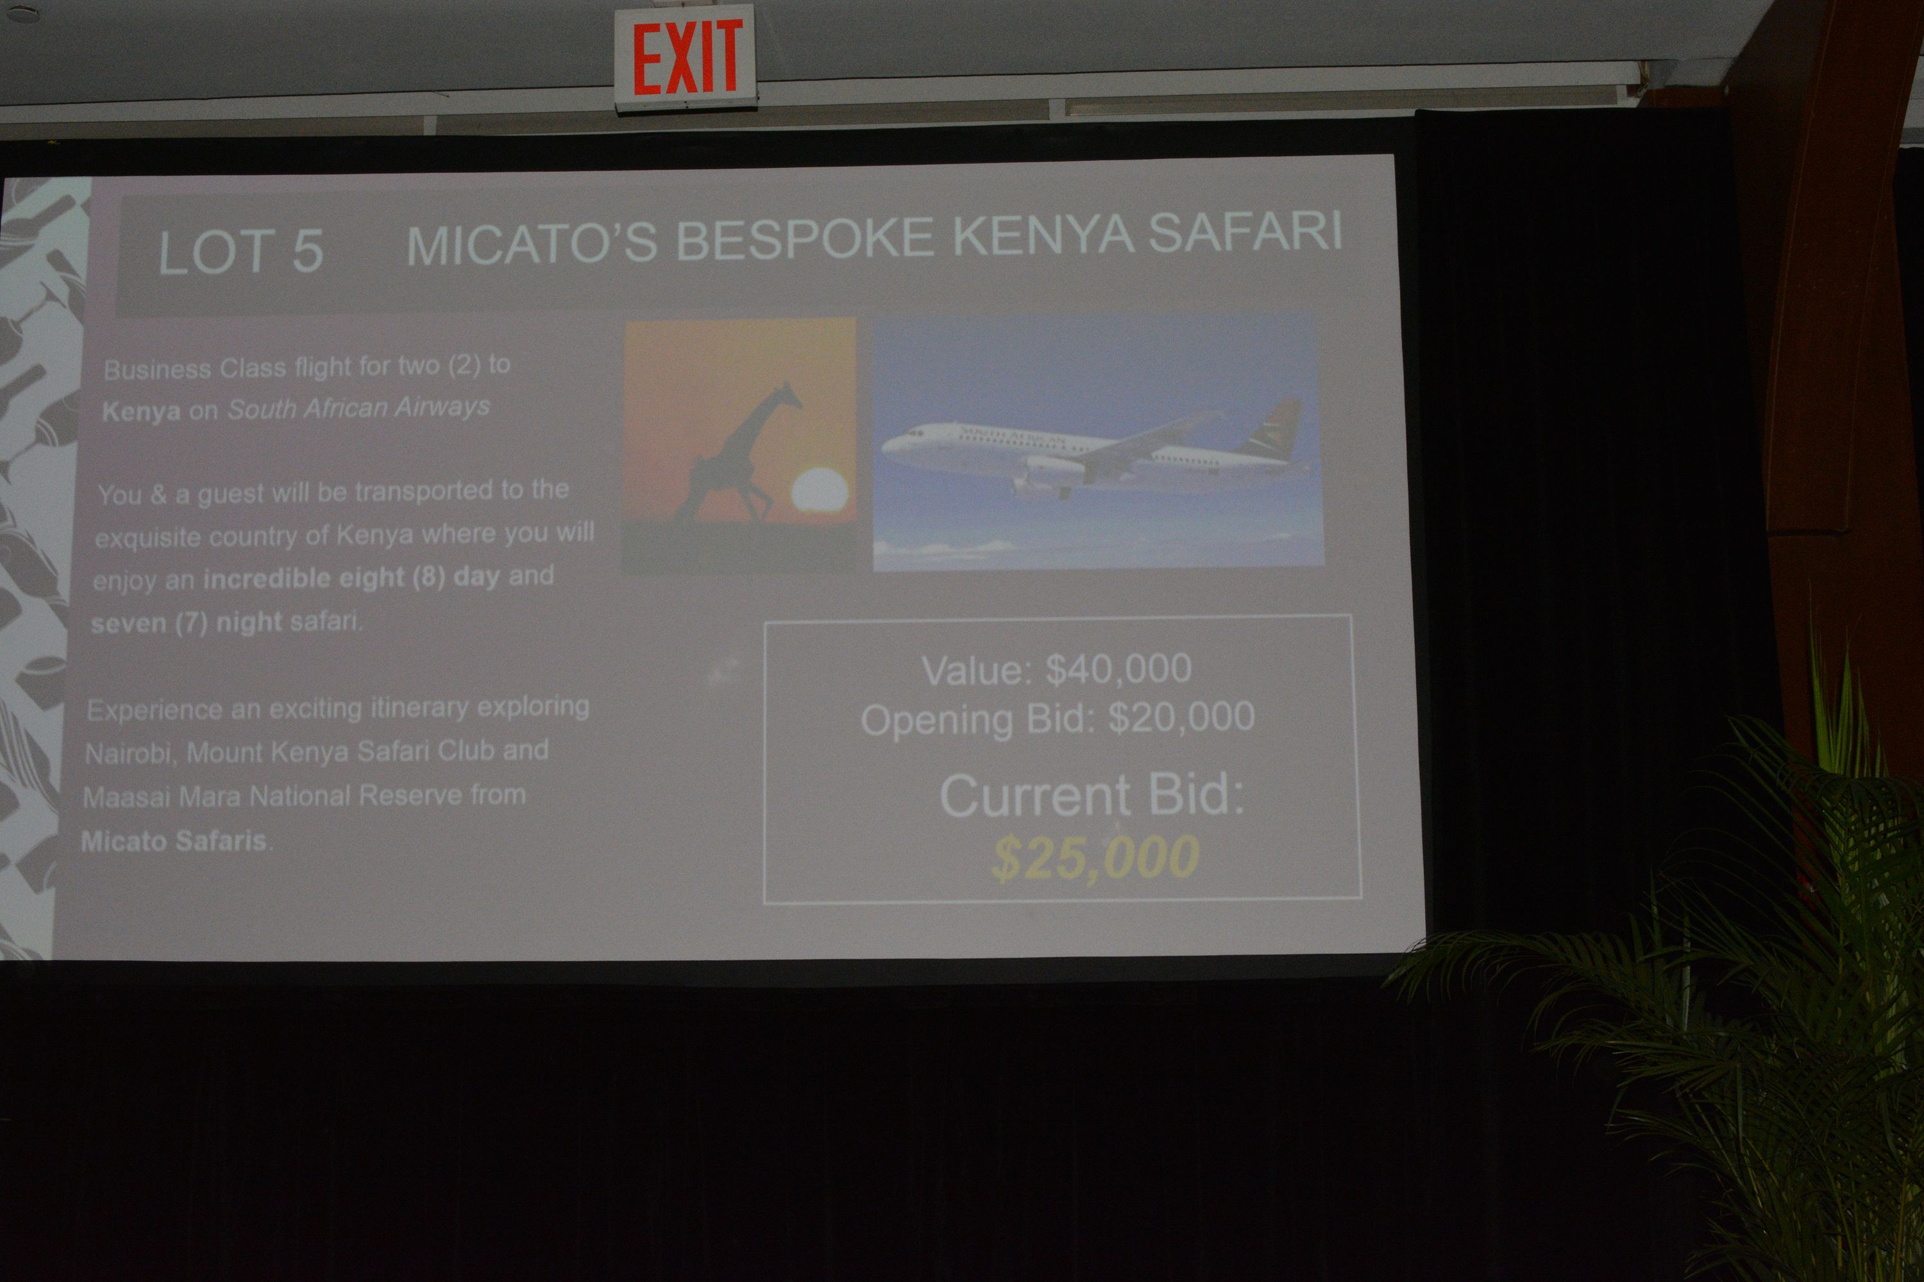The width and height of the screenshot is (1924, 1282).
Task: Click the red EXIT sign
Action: click(686, 57)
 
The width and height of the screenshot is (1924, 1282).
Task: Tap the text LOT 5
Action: click(240, 251)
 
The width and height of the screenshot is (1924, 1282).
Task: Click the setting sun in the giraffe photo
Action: click(819, 490)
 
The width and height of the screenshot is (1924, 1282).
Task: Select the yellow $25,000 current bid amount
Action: click(1095, 858)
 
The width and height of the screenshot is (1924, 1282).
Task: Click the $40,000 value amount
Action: click(1118, 669)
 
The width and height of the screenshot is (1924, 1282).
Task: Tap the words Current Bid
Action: click(1092, 795)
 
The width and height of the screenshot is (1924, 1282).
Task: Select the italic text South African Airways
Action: click(359, 407)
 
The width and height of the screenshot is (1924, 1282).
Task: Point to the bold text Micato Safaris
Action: click(174, 840)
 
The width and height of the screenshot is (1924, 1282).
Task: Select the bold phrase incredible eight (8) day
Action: click(351, 578)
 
